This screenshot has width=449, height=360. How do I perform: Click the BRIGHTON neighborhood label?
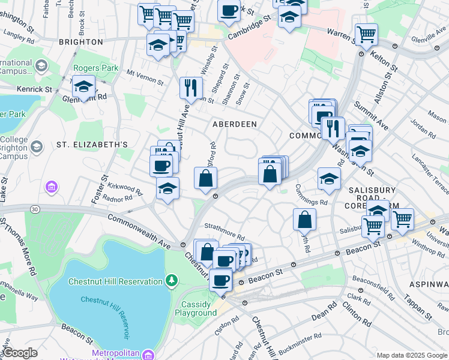pos(81,42)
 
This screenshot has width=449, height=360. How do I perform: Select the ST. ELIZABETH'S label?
pos(92,145)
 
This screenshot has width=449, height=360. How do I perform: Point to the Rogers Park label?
pos(95,68)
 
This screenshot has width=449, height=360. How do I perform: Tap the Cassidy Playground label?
pos(199,308)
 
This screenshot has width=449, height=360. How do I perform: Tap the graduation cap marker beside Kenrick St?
pos(84,87)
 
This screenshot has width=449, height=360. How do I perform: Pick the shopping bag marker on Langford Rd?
pos(206,178)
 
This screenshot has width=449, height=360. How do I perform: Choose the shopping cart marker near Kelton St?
pos(366,34)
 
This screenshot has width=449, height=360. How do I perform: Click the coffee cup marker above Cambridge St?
pos(229,10)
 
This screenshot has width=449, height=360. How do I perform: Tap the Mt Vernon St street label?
pos(145,77)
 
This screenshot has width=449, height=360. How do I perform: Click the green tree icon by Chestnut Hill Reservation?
pos(172,280)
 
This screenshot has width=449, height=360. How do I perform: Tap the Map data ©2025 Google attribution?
pos(412,355)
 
